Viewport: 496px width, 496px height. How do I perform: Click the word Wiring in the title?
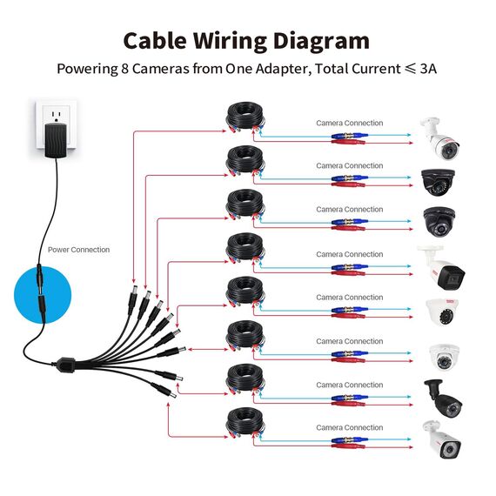[x=231, y=42]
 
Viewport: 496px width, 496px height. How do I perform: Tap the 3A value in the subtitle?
[x=428, y=69]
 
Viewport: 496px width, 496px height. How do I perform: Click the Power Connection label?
[x=79, y=250]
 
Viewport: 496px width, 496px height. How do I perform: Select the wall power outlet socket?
[x=57, y=124]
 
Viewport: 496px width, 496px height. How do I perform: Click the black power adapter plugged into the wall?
[x=56, y=140]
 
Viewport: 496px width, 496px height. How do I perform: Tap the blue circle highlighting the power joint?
[x=43, y=295]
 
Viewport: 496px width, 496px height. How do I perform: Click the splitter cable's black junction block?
[x=66, y=364]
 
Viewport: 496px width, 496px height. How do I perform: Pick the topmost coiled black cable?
[x=245, y=117]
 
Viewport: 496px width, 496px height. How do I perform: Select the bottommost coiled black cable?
[x=245, y=423]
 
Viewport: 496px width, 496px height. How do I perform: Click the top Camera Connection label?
[x=350, y=123]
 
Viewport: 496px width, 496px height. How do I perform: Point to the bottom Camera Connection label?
[x=350, y=427]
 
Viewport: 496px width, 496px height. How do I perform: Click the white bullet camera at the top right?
[x=439, y=137]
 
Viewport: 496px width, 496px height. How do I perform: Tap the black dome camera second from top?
[x=438, y=182]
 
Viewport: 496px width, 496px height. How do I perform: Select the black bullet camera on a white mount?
[x=441, y=268]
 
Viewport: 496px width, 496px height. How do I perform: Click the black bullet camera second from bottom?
[x=443, y=399]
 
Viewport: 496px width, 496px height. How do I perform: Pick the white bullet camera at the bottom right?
[x=441, y=439]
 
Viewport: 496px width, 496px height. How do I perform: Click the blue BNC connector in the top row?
[x=349, y=136]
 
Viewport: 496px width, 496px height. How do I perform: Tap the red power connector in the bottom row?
[x=348, y=446]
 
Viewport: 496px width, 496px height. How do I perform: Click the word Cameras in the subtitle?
[x=160, y=69]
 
